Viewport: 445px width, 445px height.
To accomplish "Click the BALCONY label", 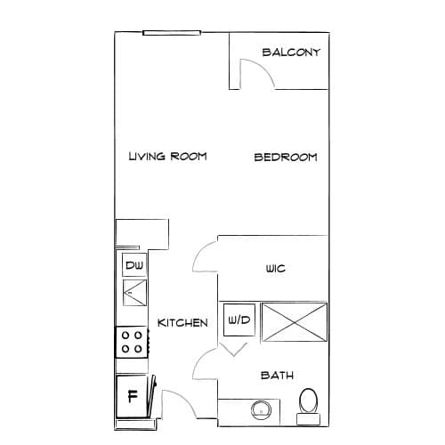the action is click(291, 53).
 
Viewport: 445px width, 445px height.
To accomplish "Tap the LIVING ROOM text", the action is click(167, 156).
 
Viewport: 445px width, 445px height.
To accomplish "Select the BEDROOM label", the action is click(286, 157).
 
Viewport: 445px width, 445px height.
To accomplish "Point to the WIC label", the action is click(276, 269).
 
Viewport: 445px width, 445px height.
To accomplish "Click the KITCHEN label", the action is click(182, 323).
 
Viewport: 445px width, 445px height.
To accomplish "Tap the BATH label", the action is click(277, 376).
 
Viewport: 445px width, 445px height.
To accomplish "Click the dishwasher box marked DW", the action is click(134, 265).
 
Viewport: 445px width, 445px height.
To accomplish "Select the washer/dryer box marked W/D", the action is click(239, 320).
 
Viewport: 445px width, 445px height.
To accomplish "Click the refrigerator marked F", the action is click(132, 396).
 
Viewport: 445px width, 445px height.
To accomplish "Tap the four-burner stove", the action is click(132, 342).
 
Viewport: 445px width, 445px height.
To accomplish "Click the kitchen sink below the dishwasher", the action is click(134, 293).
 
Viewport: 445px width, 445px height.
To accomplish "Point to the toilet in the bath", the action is click(309, 407).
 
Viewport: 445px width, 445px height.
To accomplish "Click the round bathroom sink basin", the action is click(261, 410).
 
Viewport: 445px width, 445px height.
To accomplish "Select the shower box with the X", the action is click(295, 322).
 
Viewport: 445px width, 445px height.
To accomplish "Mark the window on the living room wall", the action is click(172, 33).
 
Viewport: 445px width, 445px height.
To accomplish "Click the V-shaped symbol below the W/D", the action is click(234, 350).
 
